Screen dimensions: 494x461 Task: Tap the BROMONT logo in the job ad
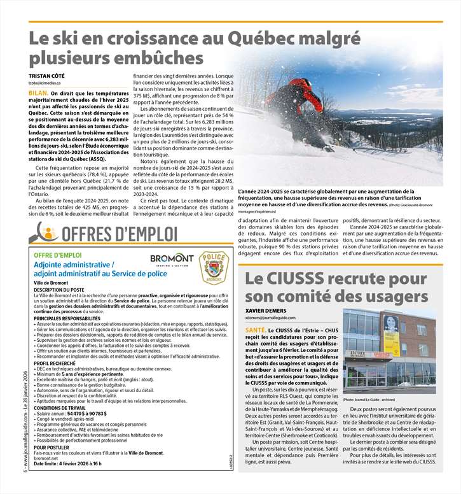pyautogui.click(x=172, y=259)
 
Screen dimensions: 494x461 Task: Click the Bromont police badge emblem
pyautogui.click(x=212, y=267)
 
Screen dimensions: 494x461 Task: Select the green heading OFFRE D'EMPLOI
pyautogui.click(x=58, y=255)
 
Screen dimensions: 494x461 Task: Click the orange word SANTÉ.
pyautogui.click(x=256, y=330)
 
